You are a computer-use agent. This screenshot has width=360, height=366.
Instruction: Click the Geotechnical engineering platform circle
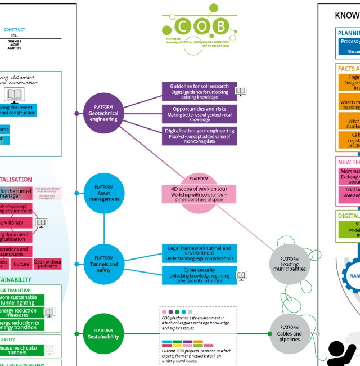[103, 114]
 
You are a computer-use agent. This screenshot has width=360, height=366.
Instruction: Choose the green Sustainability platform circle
[103, 334]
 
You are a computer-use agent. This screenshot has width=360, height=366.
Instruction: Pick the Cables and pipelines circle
[290, 334]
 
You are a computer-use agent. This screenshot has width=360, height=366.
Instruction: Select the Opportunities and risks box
[199, 114]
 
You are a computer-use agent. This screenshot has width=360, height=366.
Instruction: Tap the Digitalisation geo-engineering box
[199, 136]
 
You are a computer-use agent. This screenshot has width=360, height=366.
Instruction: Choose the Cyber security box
[199, 274]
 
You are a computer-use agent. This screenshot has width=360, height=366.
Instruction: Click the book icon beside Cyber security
[241, 275]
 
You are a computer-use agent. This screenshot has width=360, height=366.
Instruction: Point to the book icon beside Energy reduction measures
[49, 313]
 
